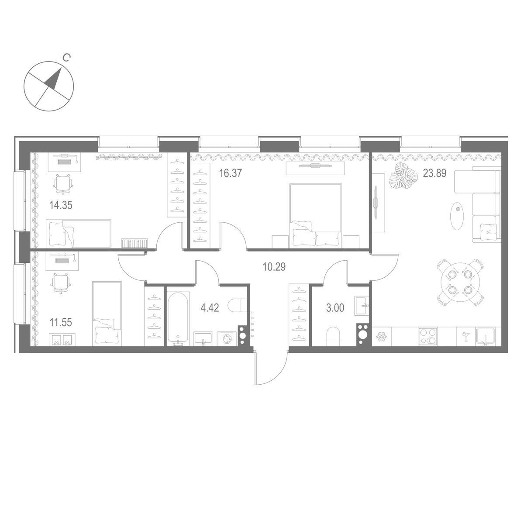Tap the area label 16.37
pyautogui.click(x=230, y=173)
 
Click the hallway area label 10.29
pyautogui.click(x=274, y=266)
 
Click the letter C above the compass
pyautogui.click(x=65, y=57)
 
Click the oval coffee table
pyautogui.click(x=458, y=215)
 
